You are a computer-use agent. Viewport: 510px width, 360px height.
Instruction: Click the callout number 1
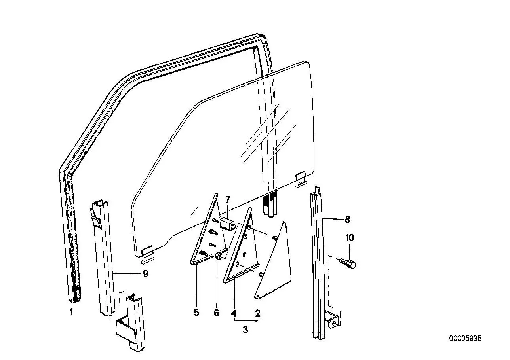coord(71,312)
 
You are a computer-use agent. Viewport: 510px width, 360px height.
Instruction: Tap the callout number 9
coord(145,274)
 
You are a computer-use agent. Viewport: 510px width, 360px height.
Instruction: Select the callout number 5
coord(196,312)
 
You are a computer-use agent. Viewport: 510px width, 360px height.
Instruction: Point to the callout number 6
coord(216,313)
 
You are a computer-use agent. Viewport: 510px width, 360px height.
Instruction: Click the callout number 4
coord(234,313)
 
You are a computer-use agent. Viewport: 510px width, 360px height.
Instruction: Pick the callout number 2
coord(257,313)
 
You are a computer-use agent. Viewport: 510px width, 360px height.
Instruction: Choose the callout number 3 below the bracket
coord(245,330)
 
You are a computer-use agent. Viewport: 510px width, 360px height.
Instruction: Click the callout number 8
coord(347,220)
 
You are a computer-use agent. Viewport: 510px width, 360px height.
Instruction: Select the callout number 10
coord(350,238)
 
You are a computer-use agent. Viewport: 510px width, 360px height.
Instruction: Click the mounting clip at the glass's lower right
coord(301,180)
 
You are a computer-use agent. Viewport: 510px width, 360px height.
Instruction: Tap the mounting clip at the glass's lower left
coord(148,255)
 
